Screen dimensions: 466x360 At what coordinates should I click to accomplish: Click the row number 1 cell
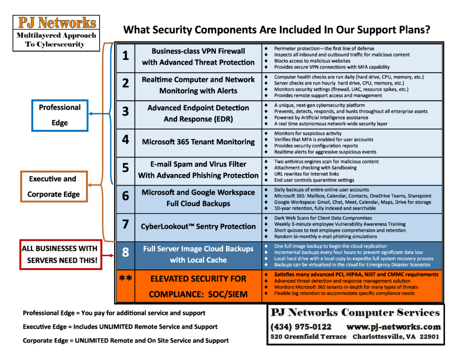pyautogui.click(x=126, y=56)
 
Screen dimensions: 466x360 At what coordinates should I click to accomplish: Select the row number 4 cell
pyautogui.click(x=126, y=141)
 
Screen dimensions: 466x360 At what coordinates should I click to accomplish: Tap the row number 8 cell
pyautogui.click(x=126, y=253)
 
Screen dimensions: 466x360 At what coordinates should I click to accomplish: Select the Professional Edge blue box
pyautogui.click(x=60, y=115)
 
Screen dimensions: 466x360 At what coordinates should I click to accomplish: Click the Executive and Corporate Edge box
pyautogui.click(x=53, y=187)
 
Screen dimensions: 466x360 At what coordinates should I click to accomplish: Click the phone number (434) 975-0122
pyautogui.click(x=301, y=327)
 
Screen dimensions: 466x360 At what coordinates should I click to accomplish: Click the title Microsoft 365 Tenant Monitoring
pyautogui.click(x=198, y=142)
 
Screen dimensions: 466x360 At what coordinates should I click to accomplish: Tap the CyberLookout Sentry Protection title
pyautogui.click(x=198, y=227)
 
